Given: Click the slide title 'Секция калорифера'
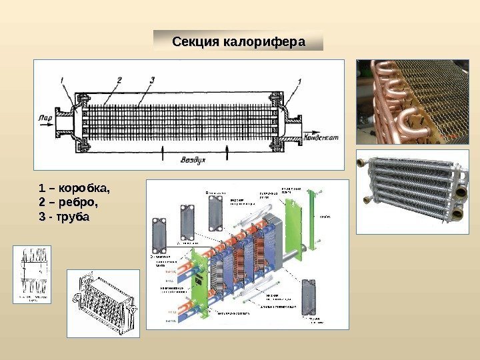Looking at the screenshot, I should click(x=238, y=41).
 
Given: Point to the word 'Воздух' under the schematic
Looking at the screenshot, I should click(x=194, y=161).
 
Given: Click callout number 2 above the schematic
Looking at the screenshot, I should click(x=119, y=79).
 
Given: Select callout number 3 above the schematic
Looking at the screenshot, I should click(x=152, y=79).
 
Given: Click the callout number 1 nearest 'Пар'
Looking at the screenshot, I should click(x=61, y=81).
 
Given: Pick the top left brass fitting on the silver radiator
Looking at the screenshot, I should click(x=363, y=162).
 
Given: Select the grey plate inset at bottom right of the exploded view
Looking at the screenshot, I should click(x=309, y=296).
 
